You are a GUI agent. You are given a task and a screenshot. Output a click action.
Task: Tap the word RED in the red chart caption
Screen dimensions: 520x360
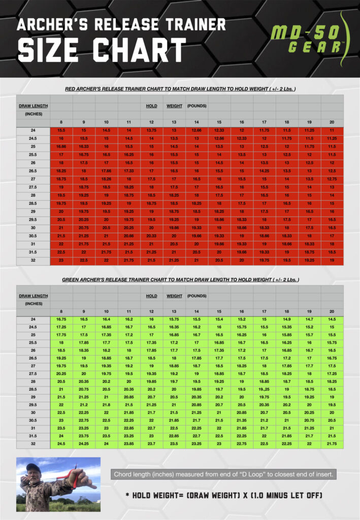coord(72,89)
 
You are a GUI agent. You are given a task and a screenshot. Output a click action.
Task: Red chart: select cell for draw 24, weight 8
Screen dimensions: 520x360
coord(61,131)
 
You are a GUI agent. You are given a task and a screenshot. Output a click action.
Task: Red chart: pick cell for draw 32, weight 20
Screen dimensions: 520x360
coord(332,261)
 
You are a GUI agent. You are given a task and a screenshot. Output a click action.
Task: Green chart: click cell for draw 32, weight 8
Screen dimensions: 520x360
coord(61,444)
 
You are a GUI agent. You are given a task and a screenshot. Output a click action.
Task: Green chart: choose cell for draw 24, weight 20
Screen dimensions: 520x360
coord(332,319)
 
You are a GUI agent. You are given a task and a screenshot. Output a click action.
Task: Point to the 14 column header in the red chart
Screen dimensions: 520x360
coord(197,122)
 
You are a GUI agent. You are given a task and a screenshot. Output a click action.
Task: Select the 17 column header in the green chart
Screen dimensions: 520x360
coord(264,311)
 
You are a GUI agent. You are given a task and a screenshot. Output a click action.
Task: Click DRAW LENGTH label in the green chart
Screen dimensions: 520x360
coord(33,296)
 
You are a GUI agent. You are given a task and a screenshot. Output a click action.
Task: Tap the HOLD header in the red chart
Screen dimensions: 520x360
coord(151,106)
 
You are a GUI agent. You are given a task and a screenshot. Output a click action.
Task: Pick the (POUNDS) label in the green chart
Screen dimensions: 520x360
coord(197,296)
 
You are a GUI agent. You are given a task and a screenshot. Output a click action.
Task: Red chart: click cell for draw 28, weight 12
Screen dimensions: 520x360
coord(151,196)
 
